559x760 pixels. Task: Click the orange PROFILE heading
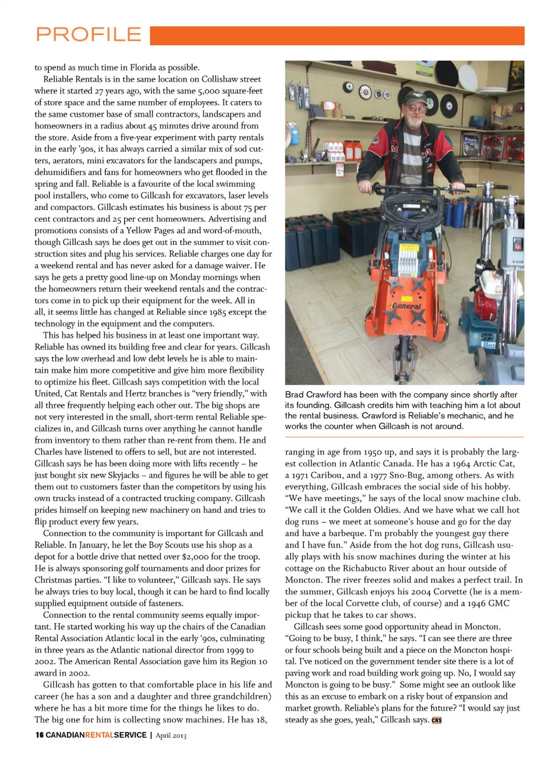point(89,35)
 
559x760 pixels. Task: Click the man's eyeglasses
point(417,106)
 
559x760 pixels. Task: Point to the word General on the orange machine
point(406,306)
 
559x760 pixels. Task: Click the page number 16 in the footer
point(39,735)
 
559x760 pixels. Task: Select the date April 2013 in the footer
point(171,736)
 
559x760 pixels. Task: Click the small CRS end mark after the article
point(437,720)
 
